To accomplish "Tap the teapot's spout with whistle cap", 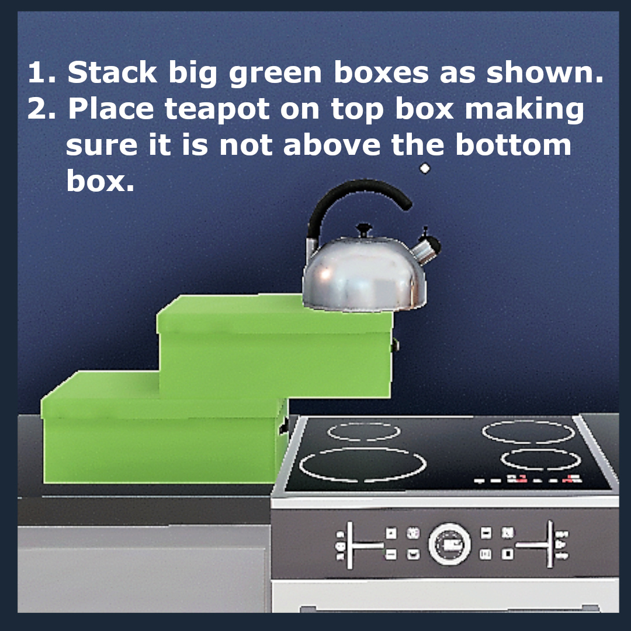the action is click(427, 247).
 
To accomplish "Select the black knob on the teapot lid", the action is click(364, 230).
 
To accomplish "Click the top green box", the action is click(275, 346).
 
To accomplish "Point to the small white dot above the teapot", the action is click(425, 168).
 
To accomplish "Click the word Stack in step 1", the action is click(112, 73).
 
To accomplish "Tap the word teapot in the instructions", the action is click(217, 109).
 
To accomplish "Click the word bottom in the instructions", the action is click(513, 145).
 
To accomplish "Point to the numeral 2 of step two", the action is click(38, 109).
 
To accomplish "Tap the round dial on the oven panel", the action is click(449, 544).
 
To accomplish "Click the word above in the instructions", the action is click(332, 145).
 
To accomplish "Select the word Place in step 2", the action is click(111, 109).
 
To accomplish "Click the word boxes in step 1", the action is click(382, 73).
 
